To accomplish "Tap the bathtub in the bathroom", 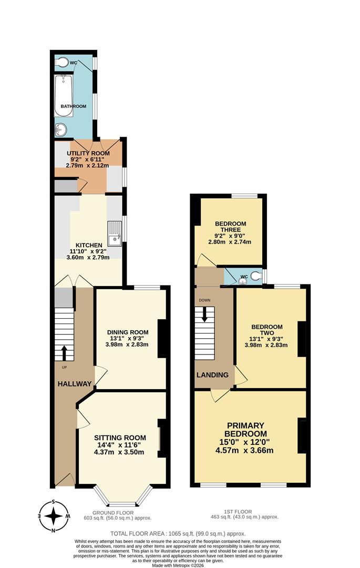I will click(x=63, y=95).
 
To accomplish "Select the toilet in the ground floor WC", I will click(x=63, y=63).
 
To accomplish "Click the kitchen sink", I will click(x=114, y=234).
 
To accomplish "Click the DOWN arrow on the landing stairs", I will click(x=205, y=314).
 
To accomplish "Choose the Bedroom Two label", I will click(x=268, y=334).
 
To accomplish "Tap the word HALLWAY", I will click(x=75, y=383).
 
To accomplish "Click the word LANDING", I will click(x=212, y=375).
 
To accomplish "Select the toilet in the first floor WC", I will click(x=255, y=275).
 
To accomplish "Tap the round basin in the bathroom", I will click(x=60, y=129).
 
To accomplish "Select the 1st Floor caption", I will click(x=244, y=513).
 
